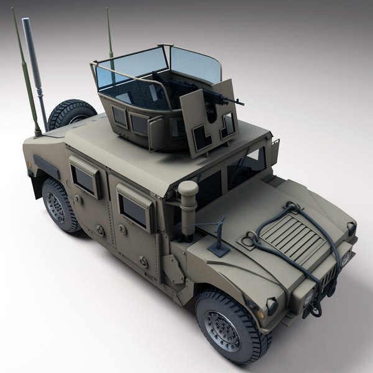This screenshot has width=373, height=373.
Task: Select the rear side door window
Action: click(85, 178)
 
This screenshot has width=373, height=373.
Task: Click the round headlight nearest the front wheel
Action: click(272, 306)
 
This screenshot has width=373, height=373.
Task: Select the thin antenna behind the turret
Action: click(109, 37)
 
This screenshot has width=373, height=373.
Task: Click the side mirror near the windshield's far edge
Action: click(274, 149)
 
